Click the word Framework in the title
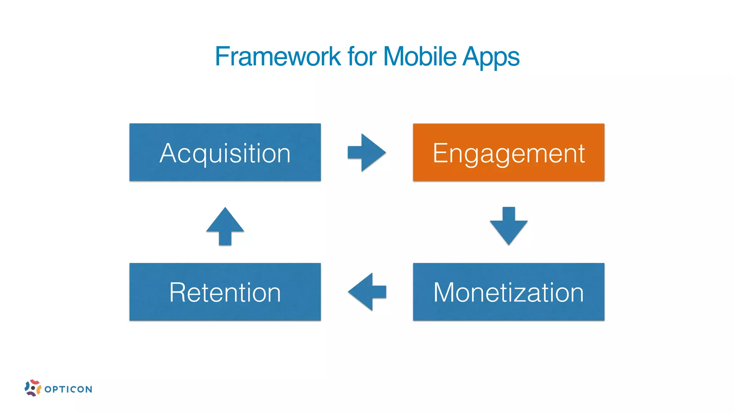point(278,57)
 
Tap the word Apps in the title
point(491,57)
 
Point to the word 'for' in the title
point(362,57)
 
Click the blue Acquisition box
point(225,152)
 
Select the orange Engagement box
point(509,152)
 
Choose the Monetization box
point(509,292)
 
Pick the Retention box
point(225,292)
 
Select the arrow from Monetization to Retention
point(366,291)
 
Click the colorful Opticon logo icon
point(33,388)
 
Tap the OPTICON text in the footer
point(68,389)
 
